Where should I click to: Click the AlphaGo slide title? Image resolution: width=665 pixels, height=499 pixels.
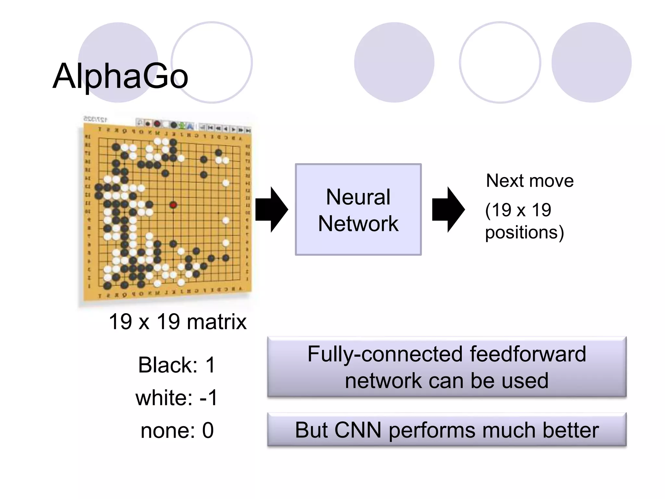(120, 76)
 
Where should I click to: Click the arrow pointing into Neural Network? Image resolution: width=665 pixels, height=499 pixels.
(271, 210)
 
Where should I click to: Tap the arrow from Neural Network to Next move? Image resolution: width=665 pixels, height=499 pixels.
(448, 210)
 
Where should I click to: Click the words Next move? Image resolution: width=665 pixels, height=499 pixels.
(529, 181)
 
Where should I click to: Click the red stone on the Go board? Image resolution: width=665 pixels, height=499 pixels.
(173, 205)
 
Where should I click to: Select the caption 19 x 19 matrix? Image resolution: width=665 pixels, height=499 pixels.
(178, 322)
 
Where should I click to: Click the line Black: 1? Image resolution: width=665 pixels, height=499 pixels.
(177, 365)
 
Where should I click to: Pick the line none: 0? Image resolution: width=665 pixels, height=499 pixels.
(177, 430)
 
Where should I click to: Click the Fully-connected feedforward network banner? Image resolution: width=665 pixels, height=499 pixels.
(446, 367)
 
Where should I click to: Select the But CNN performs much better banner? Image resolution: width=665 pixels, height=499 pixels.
(446, 430)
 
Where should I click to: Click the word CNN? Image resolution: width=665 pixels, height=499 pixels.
(358, 430)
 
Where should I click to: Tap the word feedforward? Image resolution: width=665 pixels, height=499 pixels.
(528, 354)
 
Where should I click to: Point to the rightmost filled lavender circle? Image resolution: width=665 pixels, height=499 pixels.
(591, 62)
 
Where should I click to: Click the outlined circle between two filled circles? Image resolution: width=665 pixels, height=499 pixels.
(500, 62)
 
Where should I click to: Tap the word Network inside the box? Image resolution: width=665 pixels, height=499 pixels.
(358, 224)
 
